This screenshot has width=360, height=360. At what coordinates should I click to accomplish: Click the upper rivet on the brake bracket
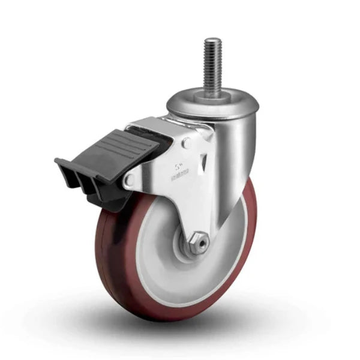coord(187,143)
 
